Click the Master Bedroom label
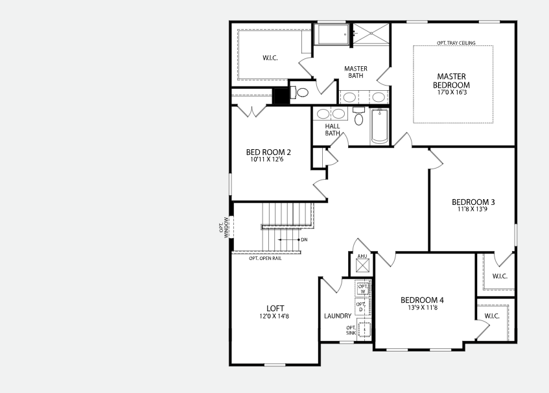pos(451,80)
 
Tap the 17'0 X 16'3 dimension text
pos(452,93)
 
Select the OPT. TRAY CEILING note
pos(456,43)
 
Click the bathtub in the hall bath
pos(380,126)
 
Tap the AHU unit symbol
pos(362,266)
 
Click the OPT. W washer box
pos(363,289)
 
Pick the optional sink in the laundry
pos(364,329)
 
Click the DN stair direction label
pos(304,240)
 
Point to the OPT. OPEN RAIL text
pos(265,259)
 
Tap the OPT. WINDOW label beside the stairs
pos(224,228)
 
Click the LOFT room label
pos(275,308)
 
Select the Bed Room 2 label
pos(268,152)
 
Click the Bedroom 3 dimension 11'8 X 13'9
pos(473,209)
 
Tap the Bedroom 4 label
pos(422,300)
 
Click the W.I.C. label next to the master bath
pos(270,58)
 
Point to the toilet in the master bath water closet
pos(300,93)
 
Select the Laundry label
pos(338,316)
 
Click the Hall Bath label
pos(333,130)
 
